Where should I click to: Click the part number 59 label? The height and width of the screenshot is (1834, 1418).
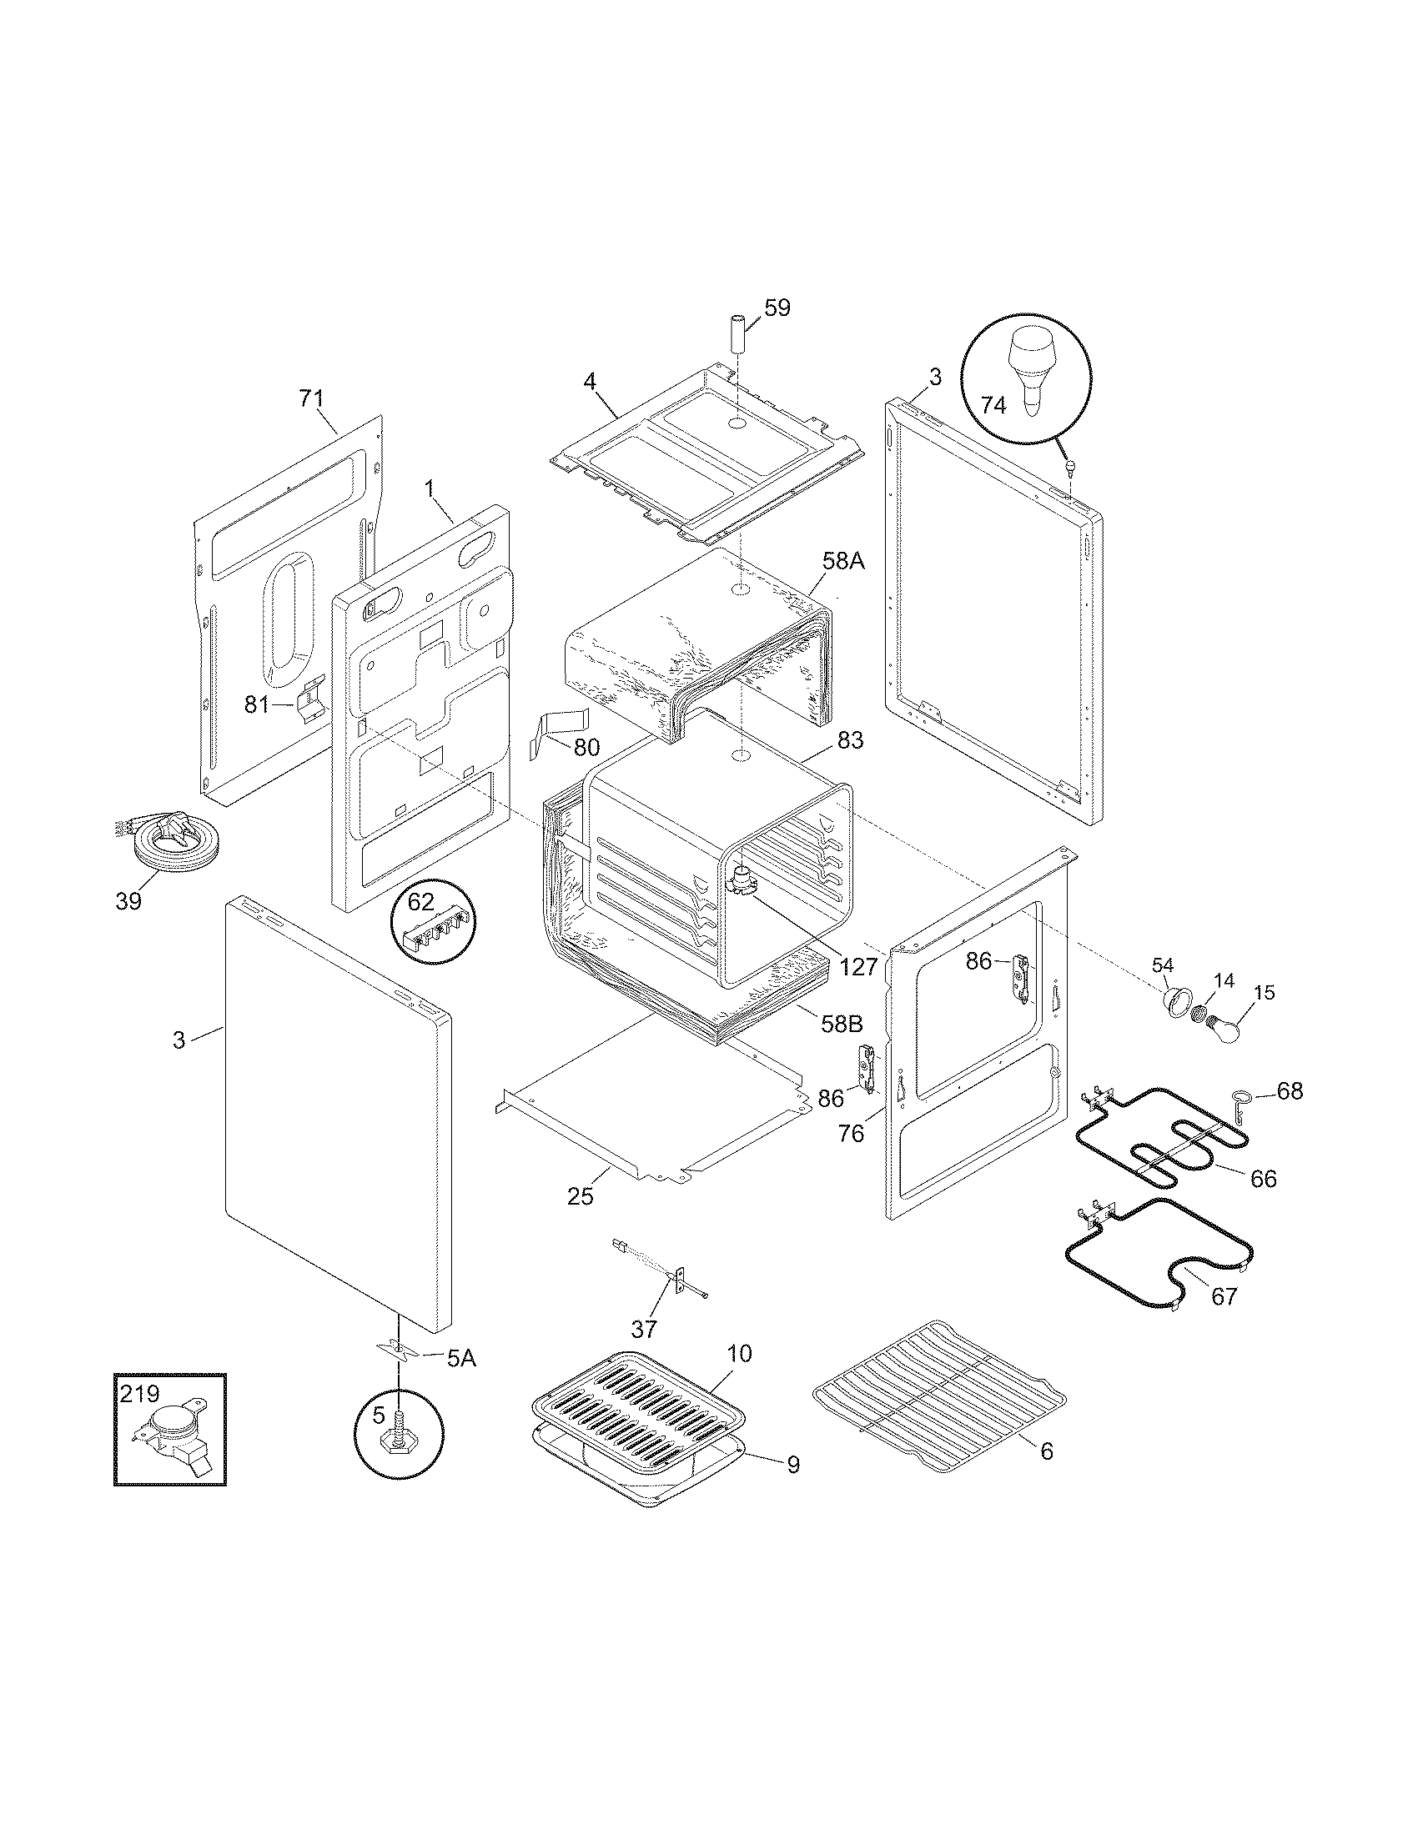pos(777,308)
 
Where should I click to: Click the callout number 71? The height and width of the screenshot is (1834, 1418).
pos(311,398)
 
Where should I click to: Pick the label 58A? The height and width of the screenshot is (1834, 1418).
pos(842,562)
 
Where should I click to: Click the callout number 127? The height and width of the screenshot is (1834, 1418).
pos(857,965)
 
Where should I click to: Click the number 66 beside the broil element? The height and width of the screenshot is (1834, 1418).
pos(1263,1178)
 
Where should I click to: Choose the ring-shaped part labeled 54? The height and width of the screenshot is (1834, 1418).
pos(1176,1000)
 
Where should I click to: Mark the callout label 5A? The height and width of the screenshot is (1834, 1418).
pos(461,1358)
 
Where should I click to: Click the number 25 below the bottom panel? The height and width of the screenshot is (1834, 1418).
pos(580,1195)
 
